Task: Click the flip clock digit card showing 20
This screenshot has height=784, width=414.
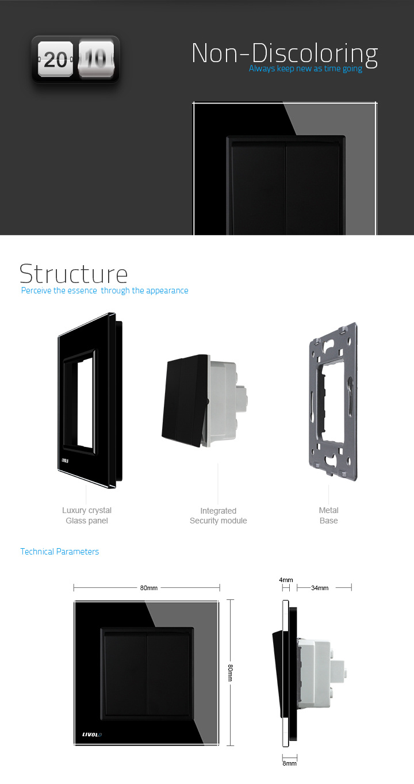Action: point(55,59)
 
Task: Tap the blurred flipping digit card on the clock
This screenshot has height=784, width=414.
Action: point(96,59)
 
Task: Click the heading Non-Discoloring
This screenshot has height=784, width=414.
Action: point(285,53)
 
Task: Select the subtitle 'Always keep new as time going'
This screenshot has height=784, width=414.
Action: point(305,68)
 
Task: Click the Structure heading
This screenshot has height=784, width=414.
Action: point(74,274)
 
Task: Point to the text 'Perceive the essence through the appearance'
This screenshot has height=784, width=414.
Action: point(105,290)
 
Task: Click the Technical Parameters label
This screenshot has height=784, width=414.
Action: point(59,552)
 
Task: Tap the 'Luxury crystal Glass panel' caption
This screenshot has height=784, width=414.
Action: point(87,515)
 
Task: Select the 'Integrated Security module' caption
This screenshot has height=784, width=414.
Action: point(218,515)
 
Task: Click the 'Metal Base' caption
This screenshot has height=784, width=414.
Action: point(328,515)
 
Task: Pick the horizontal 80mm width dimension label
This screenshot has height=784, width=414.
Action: point(149,588)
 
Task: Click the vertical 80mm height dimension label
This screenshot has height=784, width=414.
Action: point(230,673)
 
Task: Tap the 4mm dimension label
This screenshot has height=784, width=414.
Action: point(286,580)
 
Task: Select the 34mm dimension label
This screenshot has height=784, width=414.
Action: point(320,588)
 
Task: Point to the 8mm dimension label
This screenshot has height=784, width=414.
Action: point(289,763)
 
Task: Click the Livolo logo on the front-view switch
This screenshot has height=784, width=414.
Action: point(92,735)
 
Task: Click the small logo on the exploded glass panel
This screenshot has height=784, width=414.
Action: point(65,461)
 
